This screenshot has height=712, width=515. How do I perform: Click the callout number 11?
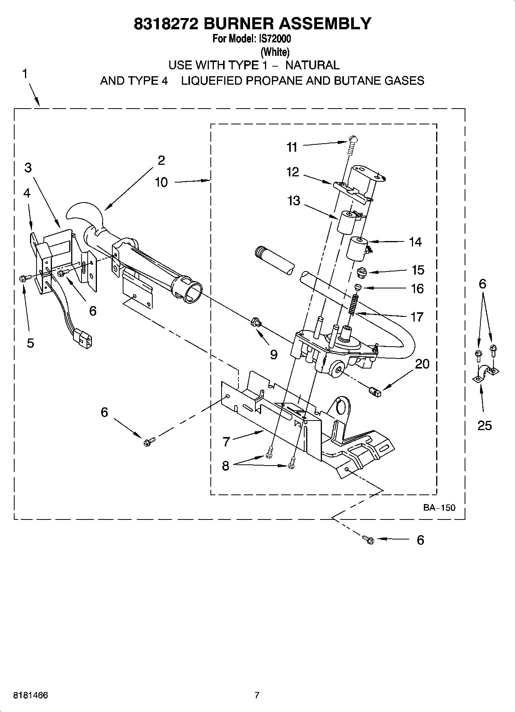click(292, 147)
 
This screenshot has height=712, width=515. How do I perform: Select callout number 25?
click(484, 425)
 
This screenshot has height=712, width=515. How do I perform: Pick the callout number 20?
click(422, 364)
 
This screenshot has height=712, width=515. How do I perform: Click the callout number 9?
click(273, 354)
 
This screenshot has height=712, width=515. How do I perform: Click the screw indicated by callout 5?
click(22, 278)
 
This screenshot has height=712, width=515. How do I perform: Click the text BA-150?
click(439, 508)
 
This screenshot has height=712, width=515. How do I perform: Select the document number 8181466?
click(30, 695)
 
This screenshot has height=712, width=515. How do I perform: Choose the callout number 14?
click(415, 242)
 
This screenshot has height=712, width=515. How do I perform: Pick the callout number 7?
click(226, 441)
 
